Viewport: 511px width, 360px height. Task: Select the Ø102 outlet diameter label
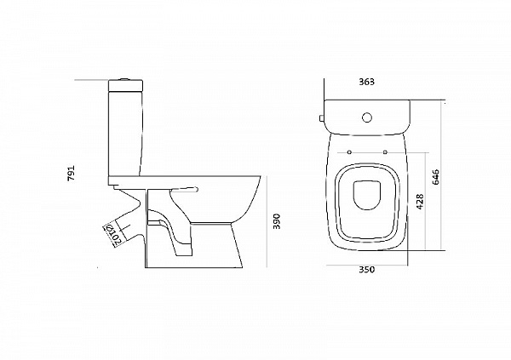coord(112,233)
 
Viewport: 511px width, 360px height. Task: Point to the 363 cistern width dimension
coord(367,83)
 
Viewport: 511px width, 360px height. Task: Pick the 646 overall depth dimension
coord(436,177)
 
